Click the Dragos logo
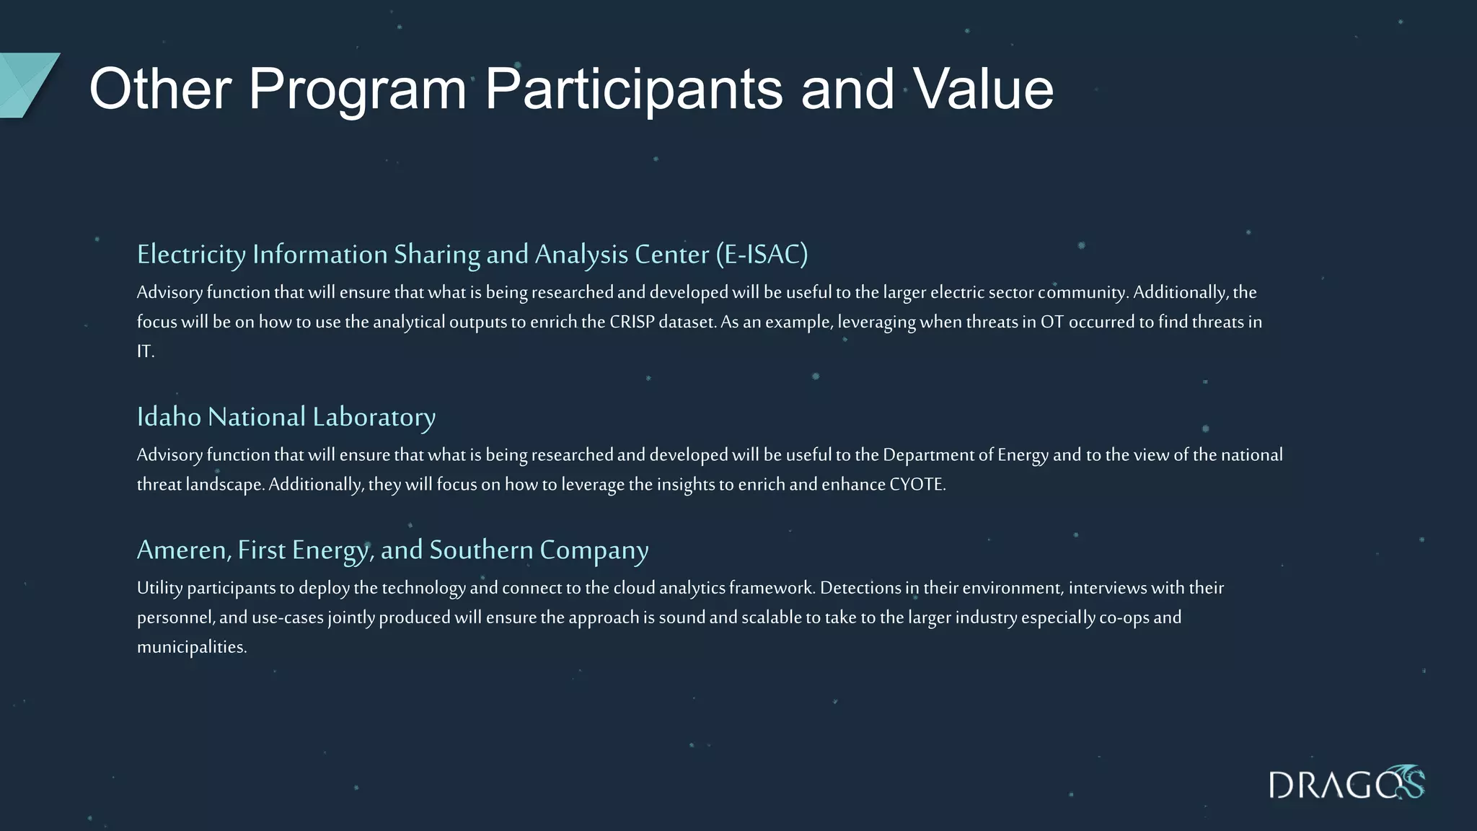1346,783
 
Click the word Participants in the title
633,89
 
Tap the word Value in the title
984,89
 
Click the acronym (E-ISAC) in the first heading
762,255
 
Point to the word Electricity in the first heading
191,255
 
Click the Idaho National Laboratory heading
286,417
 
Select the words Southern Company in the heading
539,550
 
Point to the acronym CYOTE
917,484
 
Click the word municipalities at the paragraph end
191,647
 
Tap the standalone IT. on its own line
146,351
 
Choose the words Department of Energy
965,454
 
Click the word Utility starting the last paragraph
159,588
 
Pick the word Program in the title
358,89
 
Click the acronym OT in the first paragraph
1051,322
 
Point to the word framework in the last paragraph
771,588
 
